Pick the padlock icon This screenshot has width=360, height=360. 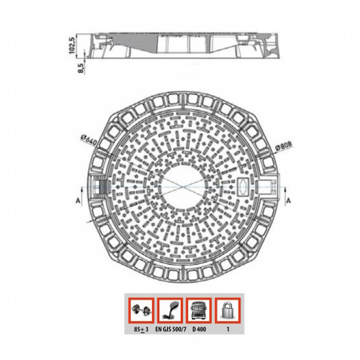229,308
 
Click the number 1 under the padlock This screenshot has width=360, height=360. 229,328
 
